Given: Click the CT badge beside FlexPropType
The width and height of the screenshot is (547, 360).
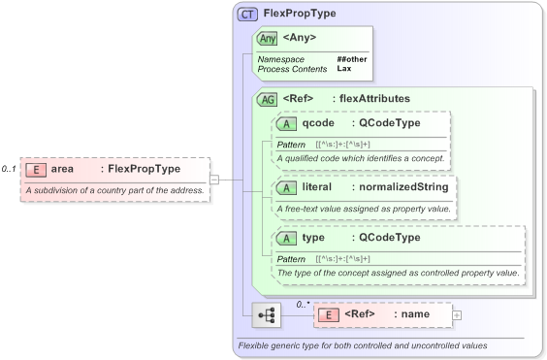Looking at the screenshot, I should point(247,15).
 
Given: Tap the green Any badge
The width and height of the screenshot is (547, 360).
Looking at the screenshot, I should point(268,38).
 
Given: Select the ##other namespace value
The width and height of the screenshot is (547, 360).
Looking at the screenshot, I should point(352,59).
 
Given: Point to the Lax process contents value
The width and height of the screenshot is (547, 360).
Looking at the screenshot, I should point(344,69).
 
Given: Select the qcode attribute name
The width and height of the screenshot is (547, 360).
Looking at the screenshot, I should point(319,123).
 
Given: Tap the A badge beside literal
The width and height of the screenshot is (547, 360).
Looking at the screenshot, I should point(287,186).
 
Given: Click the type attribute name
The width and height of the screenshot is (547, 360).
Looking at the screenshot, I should point(313,238).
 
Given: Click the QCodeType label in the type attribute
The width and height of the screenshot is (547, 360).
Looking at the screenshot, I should point(389,238).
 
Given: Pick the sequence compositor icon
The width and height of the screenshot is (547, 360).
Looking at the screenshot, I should point(266,315).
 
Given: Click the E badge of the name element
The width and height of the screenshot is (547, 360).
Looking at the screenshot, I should point(329,315).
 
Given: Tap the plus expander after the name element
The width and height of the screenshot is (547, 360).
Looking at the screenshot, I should point(457,315).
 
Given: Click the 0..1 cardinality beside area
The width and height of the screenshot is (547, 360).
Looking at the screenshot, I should point(10,169).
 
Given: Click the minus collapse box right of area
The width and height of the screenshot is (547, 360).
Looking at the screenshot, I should point(214,179).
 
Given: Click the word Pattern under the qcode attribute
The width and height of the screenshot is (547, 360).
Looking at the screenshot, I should point(291,144).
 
